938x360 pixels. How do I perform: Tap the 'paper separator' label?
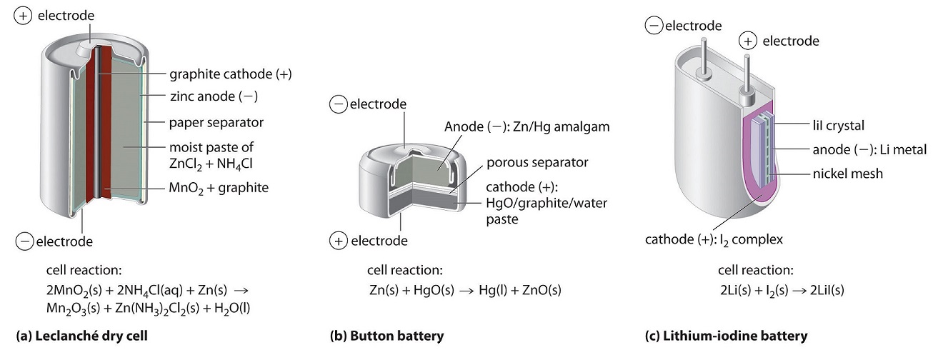tap(216, 122)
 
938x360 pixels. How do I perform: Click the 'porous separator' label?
tap(538, 162)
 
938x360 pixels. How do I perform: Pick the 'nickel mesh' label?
tap(847, 174)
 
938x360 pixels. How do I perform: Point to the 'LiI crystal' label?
tap(839, 126)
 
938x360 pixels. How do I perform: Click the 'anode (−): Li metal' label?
tap(869, 149)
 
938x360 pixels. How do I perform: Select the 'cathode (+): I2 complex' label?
tap(714, 239)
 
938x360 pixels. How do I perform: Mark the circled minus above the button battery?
tap(337, 105)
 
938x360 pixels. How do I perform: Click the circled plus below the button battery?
tap(337, 241)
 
